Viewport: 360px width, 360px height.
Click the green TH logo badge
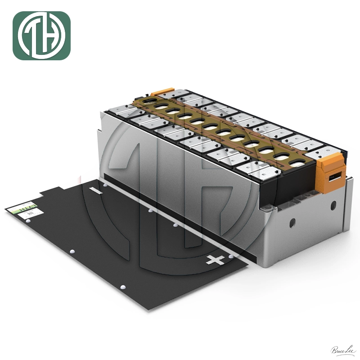click(x=41, y=36)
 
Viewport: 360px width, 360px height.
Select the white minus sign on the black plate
click(x=96, y=191)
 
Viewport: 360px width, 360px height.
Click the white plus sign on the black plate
click(x=215, y=260)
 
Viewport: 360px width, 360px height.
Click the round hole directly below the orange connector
click(x=333, y=205)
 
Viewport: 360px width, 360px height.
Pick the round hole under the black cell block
click(x=292, y=222)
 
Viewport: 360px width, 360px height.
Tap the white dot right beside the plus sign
click(x=231, y=256)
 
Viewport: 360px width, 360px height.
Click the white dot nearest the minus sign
click(x=104, y=184)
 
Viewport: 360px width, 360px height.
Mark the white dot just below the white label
click(x=29, y=223)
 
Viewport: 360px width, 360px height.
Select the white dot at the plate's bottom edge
click(x=122, y=287)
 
